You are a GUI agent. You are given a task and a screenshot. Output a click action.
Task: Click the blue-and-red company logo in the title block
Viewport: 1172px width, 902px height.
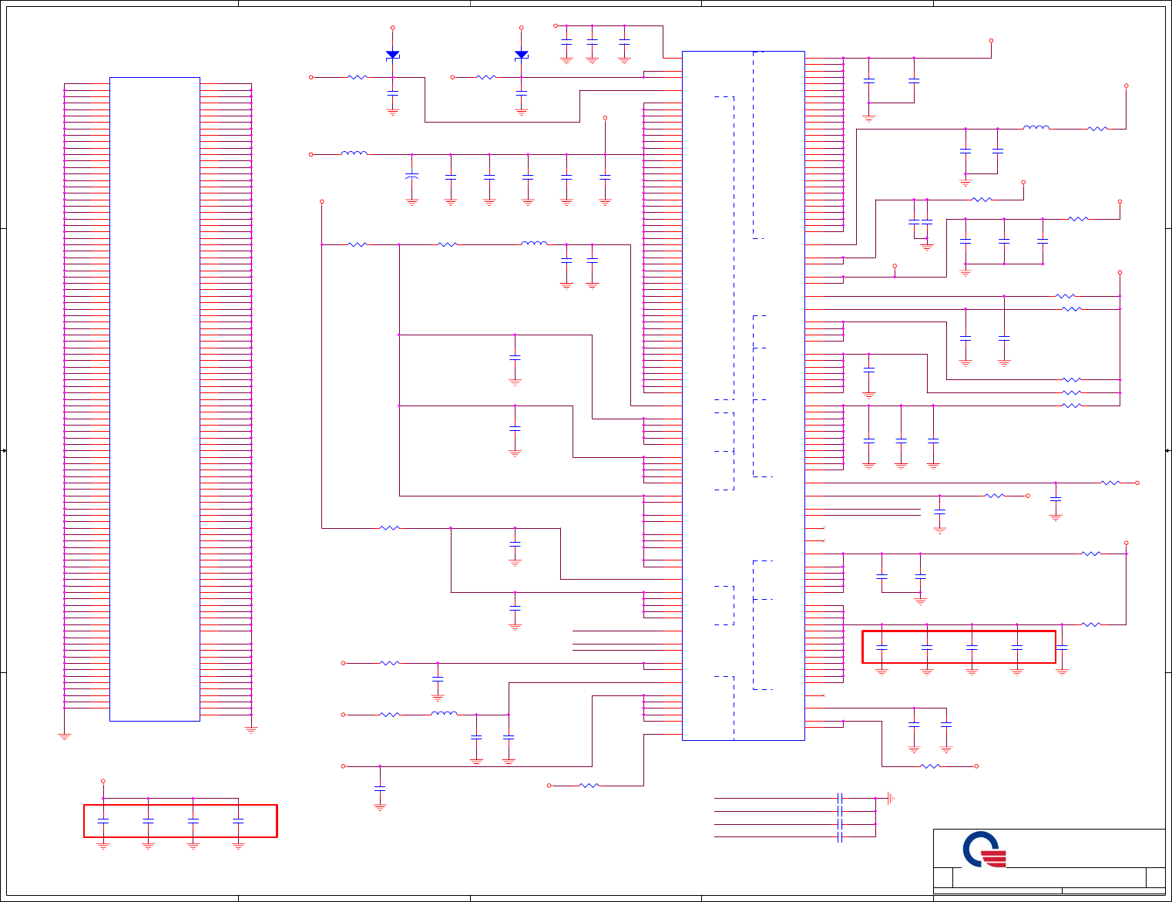pyautogui.click(x=984, y=850)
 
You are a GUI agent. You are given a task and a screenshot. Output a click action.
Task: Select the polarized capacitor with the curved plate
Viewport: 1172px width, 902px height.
pyautogui.click(x=411, y=177)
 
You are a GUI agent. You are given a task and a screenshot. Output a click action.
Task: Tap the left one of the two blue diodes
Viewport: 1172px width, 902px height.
pyautogui.click(x=392, y=55)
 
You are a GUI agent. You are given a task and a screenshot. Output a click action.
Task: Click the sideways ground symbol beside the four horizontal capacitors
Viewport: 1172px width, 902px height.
pyautogui.click(x=890, y=799)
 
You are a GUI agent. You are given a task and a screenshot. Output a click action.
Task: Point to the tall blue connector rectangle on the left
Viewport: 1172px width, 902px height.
pyautogui.click(x=155, y=399)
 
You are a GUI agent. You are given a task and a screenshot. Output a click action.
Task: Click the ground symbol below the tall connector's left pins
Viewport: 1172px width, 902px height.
pyautogui.click(x=64, y=736)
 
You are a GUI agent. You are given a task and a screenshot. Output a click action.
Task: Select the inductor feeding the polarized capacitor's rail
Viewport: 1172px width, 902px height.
pyautogui.click(x=354, y=154)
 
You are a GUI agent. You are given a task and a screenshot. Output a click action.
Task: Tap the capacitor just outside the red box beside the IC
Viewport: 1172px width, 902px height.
pyautogui.click(x=1062, y=648)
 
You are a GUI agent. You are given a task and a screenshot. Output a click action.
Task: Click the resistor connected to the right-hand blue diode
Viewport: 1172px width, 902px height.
pyautogui.click(x=486, y=77)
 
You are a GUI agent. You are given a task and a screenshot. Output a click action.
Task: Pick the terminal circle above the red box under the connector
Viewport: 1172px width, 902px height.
pyautogui.click(x=103, y=781)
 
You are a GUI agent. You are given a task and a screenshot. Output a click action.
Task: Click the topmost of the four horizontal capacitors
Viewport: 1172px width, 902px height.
pyautogui.click(x=840, y=799)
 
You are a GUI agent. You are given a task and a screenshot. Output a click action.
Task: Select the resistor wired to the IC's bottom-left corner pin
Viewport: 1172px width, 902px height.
pyautogui.click(x=589, y=786)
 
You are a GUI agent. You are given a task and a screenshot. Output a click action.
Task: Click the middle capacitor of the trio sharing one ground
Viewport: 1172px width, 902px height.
pyautogui.click(x=1003, y=241)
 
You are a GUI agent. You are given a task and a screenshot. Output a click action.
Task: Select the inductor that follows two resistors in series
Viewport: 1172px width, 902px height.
pyautogui.click(x=534, y=244)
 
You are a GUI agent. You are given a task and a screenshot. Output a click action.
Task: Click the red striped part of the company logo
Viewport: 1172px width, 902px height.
pyautogui.click(x=994, y=858)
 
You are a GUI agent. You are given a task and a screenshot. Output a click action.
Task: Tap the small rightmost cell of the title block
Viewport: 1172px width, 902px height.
pyautogui.click(x=1155, y=877)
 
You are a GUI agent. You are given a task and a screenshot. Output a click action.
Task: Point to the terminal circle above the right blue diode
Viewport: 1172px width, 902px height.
pyautogui.click(x=521, y=28)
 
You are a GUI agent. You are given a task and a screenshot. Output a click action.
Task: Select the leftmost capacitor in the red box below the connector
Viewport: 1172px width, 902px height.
pyautogui.click(x=103, y=820)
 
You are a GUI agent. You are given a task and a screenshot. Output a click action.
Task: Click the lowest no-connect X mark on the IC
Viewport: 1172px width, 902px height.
pyautogui.click(x=824, y=695)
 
